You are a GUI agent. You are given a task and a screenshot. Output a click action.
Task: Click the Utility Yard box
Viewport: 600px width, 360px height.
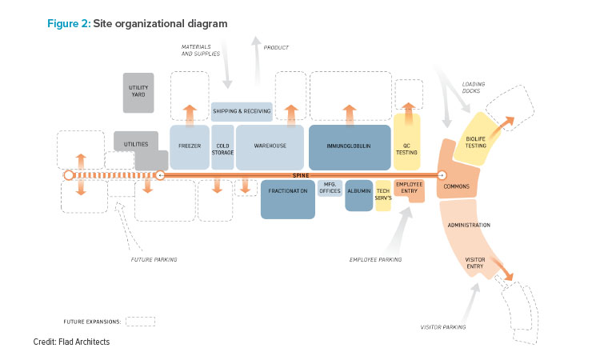[x=138, y=91]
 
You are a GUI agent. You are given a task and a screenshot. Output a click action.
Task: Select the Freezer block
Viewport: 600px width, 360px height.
[x=190, y=146]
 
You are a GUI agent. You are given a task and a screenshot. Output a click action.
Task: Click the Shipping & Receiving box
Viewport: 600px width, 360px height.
[x=242, y=110]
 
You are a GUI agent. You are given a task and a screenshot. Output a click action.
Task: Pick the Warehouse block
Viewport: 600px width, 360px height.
[x=270, y=146]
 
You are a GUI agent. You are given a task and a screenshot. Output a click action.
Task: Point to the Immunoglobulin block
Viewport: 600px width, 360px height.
[x=349, y=146]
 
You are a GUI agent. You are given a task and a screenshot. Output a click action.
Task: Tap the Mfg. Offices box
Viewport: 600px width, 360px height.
[x=330, y=189]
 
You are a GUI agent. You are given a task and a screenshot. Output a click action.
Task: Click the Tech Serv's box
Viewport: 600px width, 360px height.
[x=383, y=195]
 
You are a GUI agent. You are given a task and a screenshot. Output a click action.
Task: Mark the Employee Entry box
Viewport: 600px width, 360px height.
[x=409, y=188]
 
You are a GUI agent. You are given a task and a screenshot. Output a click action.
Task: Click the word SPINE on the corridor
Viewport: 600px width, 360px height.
[x=301, y=174]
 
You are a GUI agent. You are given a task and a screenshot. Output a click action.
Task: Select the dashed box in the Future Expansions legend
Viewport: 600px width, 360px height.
[x=140, y=321]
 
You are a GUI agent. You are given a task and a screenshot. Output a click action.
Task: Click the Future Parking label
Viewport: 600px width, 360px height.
[x=154, y=260]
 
